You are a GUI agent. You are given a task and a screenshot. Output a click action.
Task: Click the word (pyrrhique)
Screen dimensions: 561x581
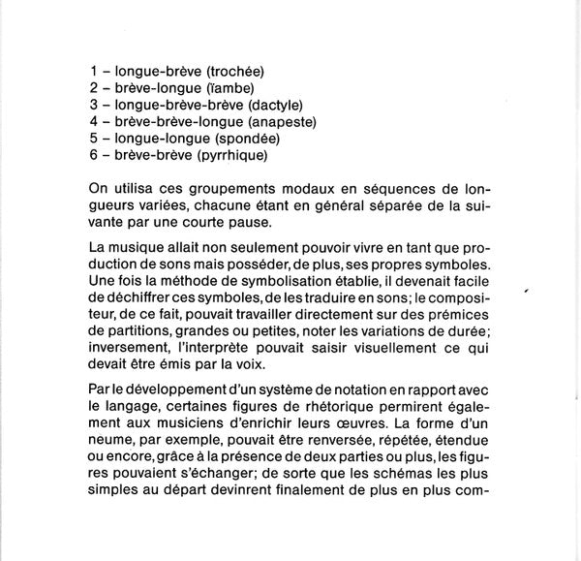[231, 154]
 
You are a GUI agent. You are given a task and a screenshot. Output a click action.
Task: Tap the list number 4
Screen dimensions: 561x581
[93, 121]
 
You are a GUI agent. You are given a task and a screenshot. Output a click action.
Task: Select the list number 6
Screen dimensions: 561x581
[93, 154]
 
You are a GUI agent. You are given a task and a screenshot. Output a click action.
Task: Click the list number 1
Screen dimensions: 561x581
[93, 72]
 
